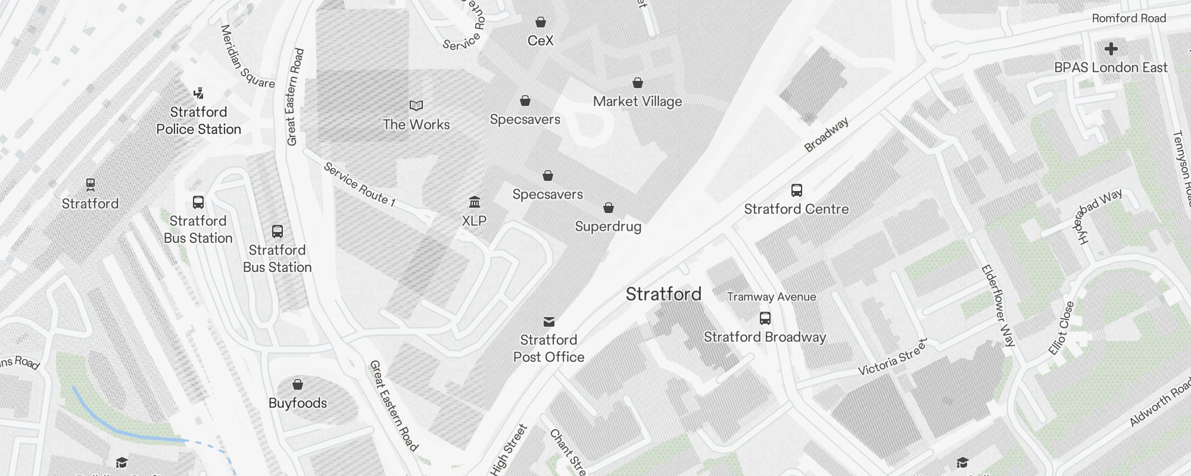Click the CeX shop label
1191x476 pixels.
(540, 40)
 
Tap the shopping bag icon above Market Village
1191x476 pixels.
(637, 83)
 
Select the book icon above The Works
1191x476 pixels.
(416, 106)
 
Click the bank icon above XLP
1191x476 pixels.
(475, 202)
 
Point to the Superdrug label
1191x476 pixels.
(608, 227)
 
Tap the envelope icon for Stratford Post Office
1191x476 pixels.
(549, 322)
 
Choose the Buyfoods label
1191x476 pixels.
(298, 403)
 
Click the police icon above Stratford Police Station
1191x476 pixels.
(199, 93)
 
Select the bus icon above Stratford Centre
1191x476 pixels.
(796, 190)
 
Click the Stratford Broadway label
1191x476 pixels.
(765, 337)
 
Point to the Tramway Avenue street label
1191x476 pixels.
(771, 297)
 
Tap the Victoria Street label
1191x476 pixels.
(892, 357)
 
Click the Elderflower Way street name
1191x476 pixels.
(998, 305)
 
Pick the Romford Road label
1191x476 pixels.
(1128, 18)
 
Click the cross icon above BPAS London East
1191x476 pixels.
(1111, 49)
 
